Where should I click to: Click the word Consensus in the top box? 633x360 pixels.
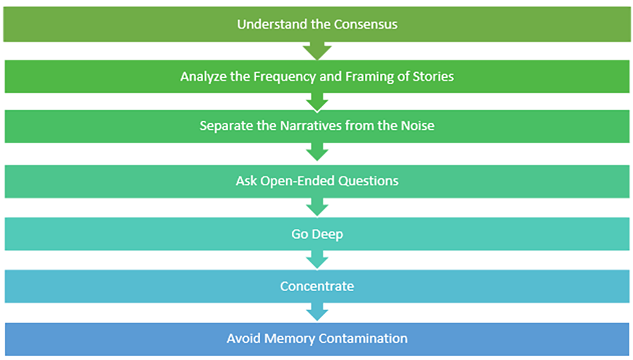[368, 25]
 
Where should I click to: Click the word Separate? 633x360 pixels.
[223, 125]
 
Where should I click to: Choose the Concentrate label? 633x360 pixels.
[316, 287]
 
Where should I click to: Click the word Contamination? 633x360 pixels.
[363, 338]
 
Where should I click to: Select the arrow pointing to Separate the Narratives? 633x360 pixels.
[316, 101]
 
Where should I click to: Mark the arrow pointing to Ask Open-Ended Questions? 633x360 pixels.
[316, 152]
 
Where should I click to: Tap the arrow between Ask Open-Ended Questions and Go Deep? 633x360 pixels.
[316, 207]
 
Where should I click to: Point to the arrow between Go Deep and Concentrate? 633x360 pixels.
[316, 259]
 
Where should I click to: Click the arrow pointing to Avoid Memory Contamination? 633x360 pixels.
[316, 312]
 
